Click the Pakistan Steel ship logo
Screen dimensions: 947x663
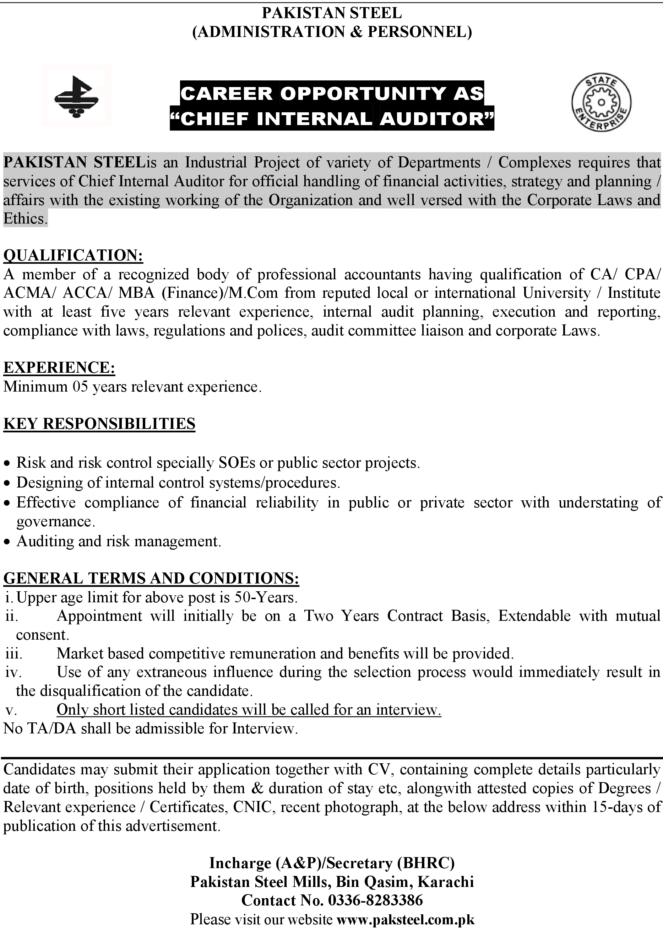(x=77, y=96)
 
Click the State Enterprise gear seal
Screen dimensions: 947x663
(x=601, y=102)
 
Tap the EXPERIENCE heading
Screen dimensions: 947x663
(x=59, y=367)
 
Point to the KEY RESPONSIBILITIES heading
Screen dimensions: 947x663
(x=99, y=424)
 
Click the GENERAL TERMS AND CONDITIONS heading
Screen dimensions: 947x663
(x=151, y=578)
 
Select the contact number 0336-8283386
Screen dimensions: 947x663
(x=375, y=900)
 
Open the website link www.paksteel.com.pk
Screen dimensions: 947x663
(x=405, y=919)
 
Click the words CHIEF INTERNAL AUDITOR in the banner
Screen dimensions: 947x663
(x=332, y=119)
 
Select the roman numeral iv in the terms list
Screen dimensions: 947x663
(x=13, y=672)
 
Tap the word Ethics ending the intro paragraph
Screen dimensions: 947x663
(x=25, y=219)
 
